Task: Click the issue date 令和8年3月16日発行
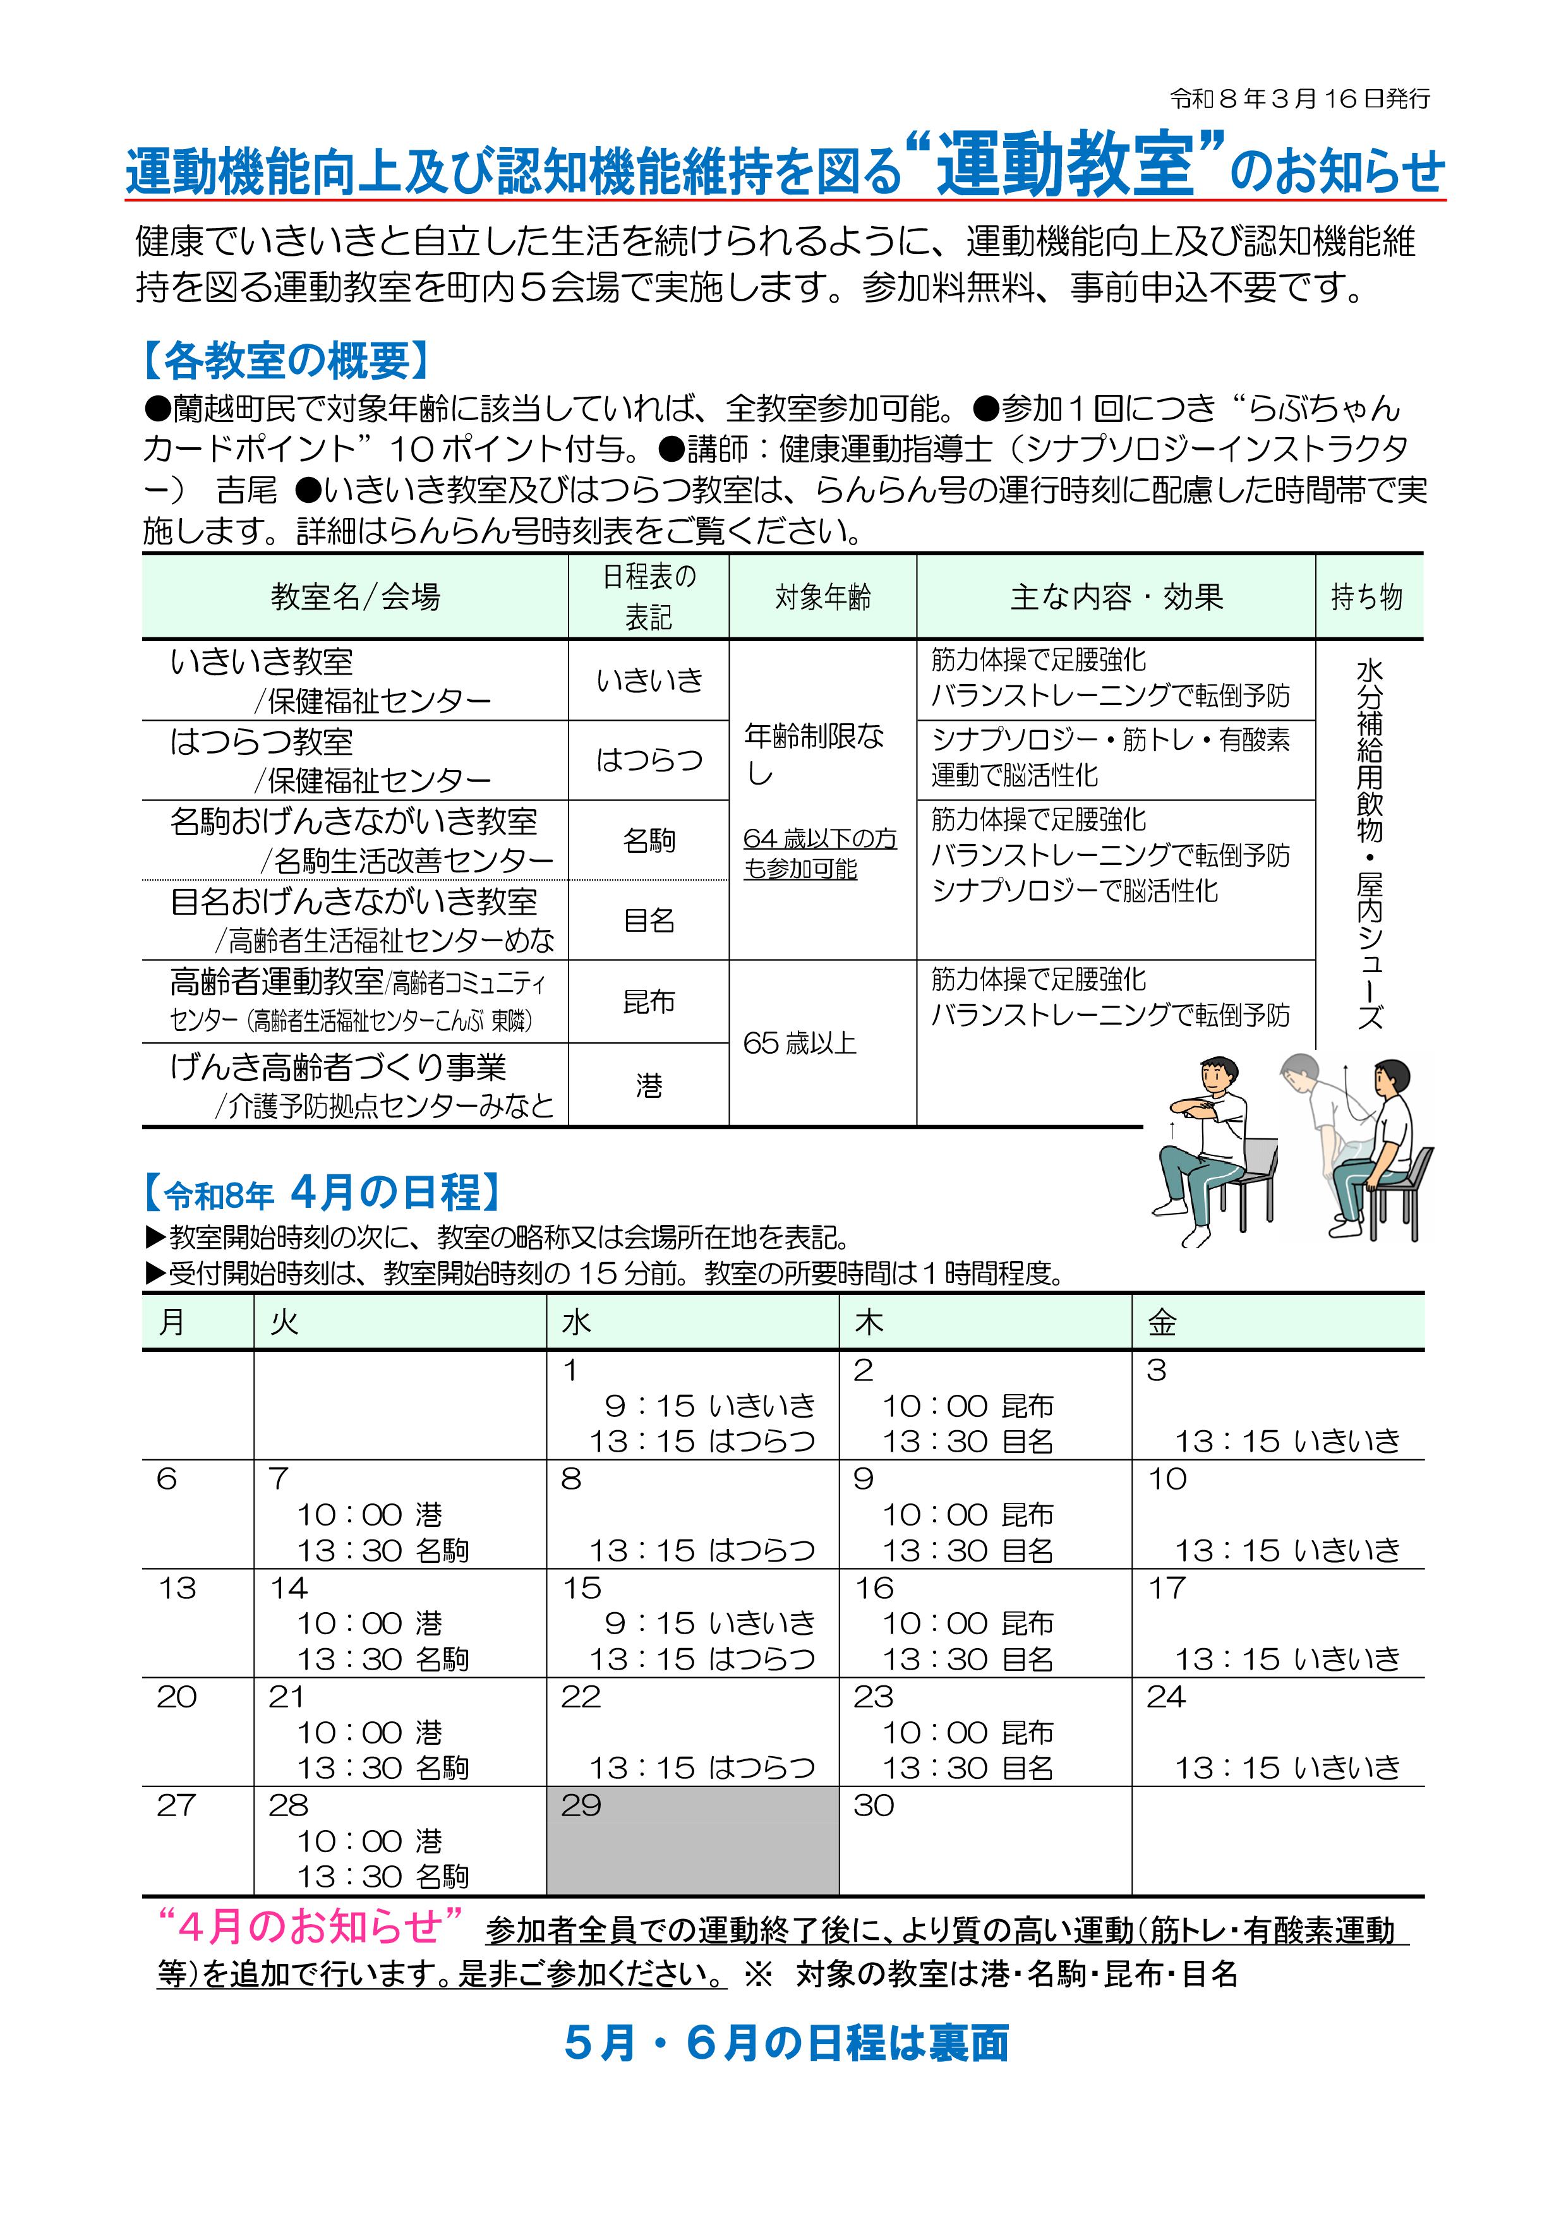coord(1299,99)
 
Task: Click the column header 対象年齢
coord(822,598)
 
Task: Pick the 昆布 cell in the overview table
coord(648,1002)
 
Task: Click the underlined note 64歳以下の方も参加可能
coord(819,853)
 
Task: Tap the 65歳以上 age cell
coord(800,1044)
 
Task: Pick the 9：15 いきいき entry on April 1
coord(709,1406)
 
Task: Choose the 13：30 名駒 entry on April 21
coord(382,1768)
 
